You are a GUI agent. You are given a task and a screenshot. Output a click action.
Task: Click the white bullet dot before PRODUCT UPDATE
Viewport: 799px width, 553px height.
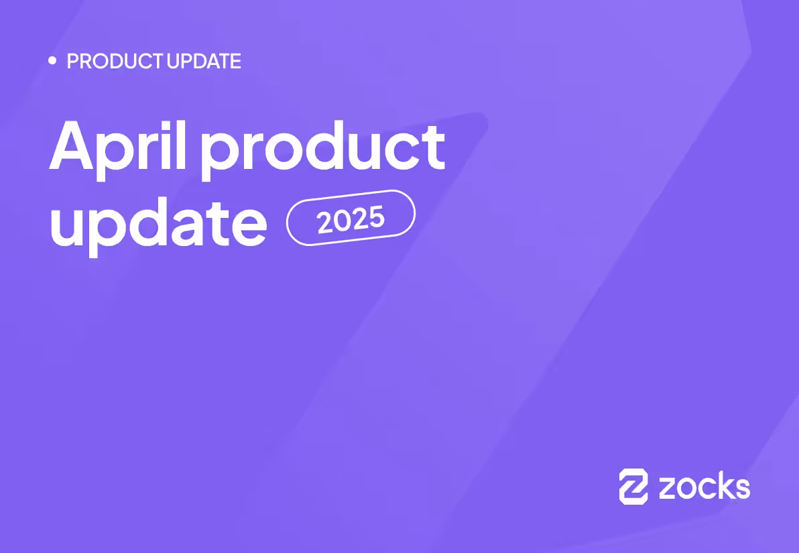click(x=53, y=61)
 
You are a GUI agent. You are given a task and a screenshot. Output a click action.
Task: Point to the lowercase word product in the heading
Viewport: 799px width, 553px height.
click(x=323, y=149)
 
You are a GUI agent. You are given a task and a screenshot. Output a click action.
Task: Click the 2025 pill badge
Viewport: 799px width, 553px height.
click(x=351, y=218)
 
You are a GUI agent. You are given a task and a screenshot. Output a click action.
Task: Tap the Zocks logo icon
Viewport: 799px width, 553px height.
click(x=633, y=486)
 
